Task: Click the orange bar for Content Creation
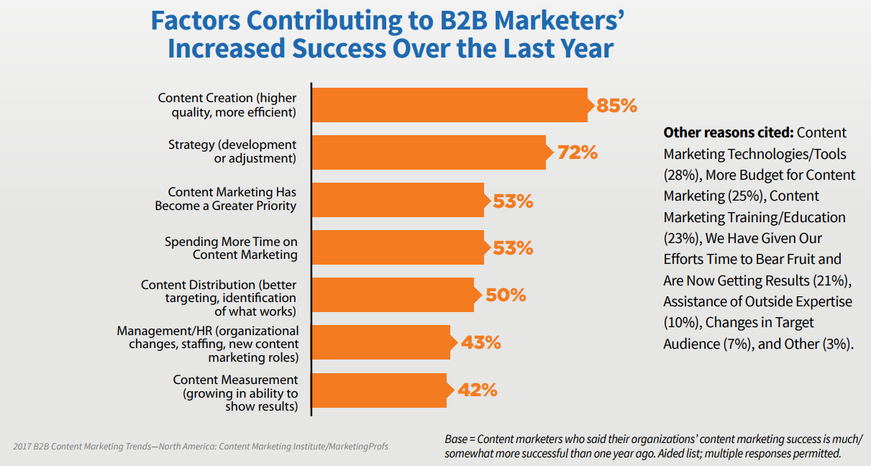(450, 105)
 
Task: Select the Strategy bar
(429, 152)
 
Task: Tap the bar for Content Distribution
(393, 295)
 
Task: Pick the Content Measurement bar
(379, 390)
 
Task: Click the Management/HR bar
(381, 342)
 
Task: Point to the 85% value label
(616, 106)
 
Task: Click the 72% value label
(577, 153)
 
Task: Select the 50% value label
(506, 296)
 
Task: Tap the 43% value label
(480, 342)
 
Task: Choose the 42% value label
(477, 390)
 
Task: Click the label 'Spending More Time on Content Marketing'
(230, 248)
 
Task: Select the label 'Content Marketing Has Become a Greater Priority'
(226, 199)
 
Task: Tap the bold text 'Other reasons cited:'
(728, 132)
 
